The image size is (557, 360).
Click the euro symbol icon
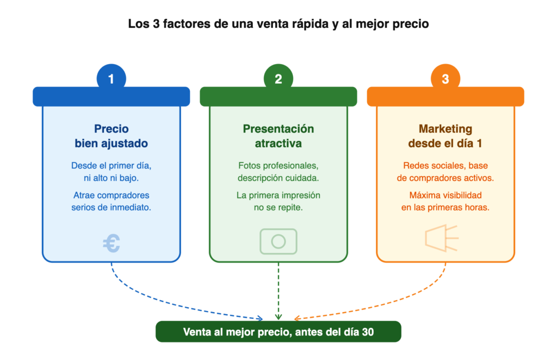(x=112, y=243)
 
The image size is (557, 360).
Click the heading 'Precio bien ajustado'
(x=111, y=136)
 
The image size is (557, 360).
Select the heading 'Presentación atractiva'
(x=278, y=136)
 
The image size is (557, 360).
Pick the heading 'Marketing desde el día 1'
(x=445, y=136)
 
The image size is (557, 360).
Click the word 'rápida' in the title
(x=311, y=24)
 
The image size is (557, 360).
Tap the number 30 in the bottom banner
(x=368, y=332)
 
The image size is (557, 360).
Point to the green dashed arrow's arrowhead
(x=278, y=316)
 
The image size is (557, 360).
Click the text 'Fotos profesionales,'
(x=278, y=165)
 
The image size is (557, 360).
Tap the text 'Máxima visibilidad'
(x=445, y=195)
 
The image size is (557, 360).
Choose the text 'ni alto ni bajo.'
(x=111, y=178)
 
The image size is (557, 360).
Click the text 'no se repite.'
(x=278, y=207)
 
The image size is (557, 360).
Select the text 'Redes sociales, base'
(x=445, y=165)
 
